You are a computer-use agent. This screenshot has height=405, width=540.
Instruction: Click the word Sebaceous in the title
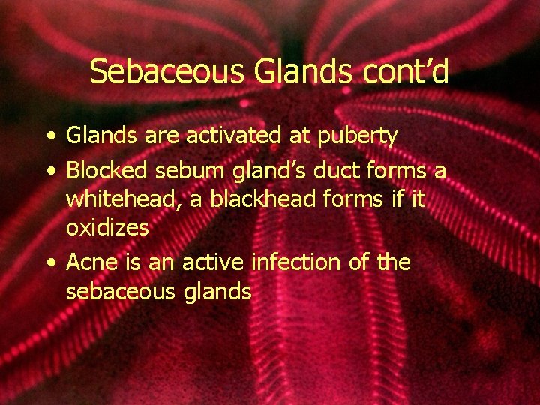[x=168, y=72]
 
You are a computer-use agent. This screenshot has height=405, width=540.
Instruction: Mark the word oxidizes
[x=107, y=228]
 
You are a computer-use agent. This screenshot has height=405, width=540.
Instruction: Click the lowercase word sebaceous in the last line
[x=119, y=291]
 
